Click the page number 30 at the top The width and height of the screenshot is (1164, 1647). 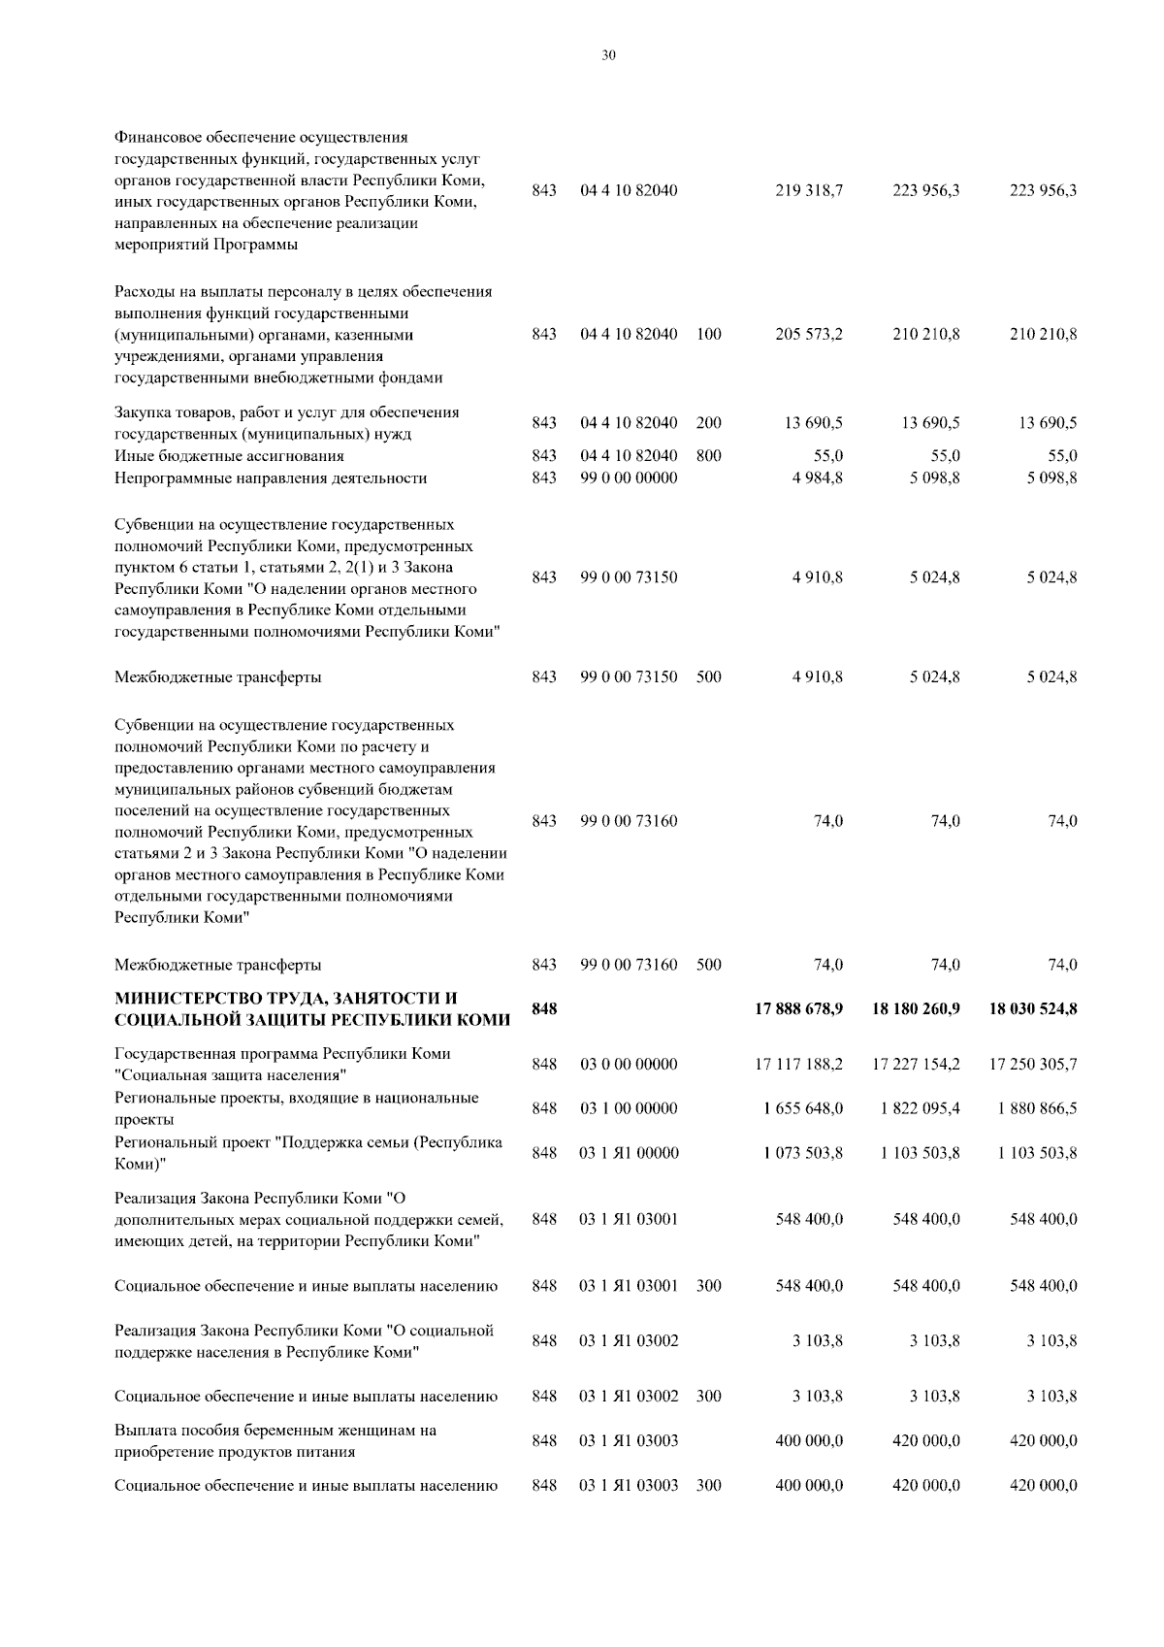coord(608,55)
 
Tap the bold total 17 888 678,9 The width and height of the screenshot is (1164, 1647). coord(798,1009)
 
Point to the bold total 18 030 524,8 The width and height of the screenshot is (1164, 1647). coord(1032,1009)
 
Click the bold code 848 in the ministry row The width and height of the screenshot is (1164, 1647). coord(544,1009)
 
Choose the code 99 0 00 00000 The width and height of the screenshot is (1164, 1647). coord(629,478)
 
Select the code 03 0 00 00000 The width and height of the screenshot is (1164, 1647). coord(629,1065)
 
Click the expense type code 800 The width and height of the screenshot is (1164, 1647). coord(708,456)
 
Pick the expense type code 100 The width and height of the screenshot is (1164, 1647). coord(708,335)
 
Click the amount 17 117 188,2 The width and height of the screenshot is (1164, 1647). coord(798,1065)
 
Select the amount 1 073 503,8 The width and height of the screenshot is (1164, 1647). coord(803,1153)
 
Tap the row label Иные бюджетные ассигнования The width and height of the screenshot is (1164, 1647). coord(229,456)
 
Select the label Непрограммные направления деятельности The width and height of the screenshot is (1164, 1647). coord(271,478)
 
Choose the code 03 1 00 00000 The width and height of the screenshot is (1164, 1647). coord(629,1108)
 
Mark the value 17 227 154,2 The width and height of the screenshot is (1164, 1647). coord(916,1065)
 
